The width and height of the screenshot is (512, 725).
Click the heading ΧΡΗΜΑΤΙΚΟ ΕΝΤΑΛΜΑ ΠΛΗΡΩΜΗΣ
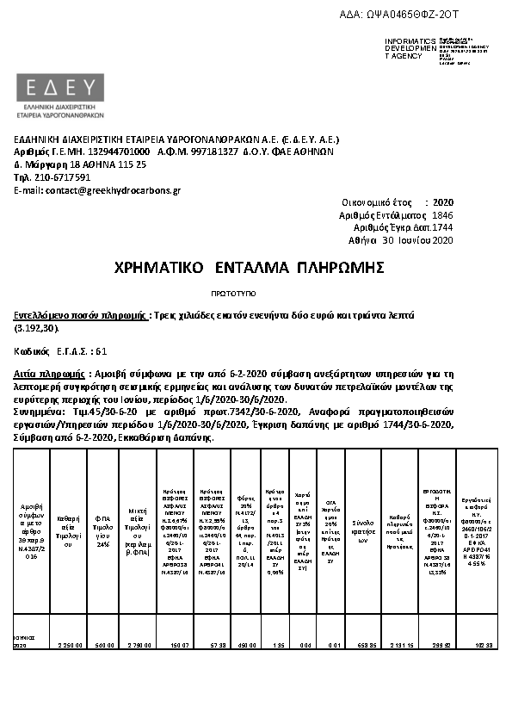coord(248,268)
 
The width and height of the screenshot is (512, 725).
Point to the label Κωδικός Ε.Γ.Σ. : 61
coord(60,351)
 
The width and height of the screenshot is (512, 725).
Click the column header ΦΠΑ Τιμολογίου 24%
coord(103,527)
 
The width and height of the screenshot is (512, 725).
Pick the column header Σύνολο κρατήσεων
coord(363,527)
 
